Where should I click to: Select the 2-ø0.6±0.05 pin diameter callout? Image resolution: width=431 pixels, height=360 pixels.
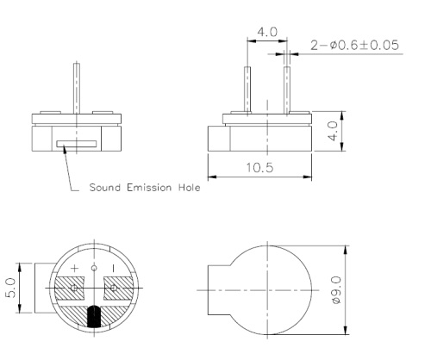click(355, 45)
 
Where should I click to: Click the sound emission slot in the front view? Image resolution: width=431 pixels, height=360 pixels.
click(76, 144)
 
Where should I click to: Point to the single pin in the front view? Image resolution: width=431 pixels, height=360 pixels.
click(78, 86)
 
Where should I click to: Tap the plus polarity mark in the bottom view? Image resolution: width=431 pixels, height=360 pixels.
click(75, 268)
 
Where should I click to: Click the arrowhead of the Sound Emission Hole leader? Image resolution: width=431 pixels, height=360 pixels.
click(62, 146)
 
